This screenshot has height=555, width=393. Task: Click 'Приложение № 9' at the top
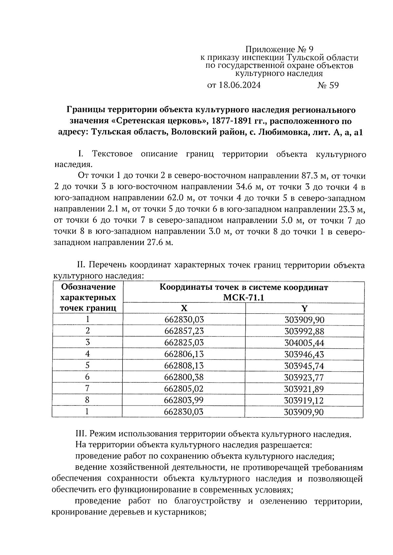[x=279, y=49]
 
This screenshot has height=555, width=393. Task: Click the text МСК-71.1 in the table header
[x=243, y=298]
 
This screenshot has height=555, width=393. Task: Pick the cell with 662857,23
[x=184, y=331]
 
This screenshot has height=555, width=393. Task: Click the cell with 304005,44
[x=304, y=343]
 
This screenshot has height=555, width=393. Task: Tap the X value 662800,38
[x=184, y=377]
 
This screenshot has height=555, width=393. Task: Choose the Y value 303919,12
[x=304, y=400]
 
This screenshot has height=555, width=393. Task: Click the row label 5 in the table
[x=87, y=365]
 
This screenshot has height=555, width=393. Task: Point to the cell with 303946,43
[x=304, y=354]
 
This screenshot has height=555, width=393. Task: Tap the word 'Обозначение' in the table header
[x=88, y=287]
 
